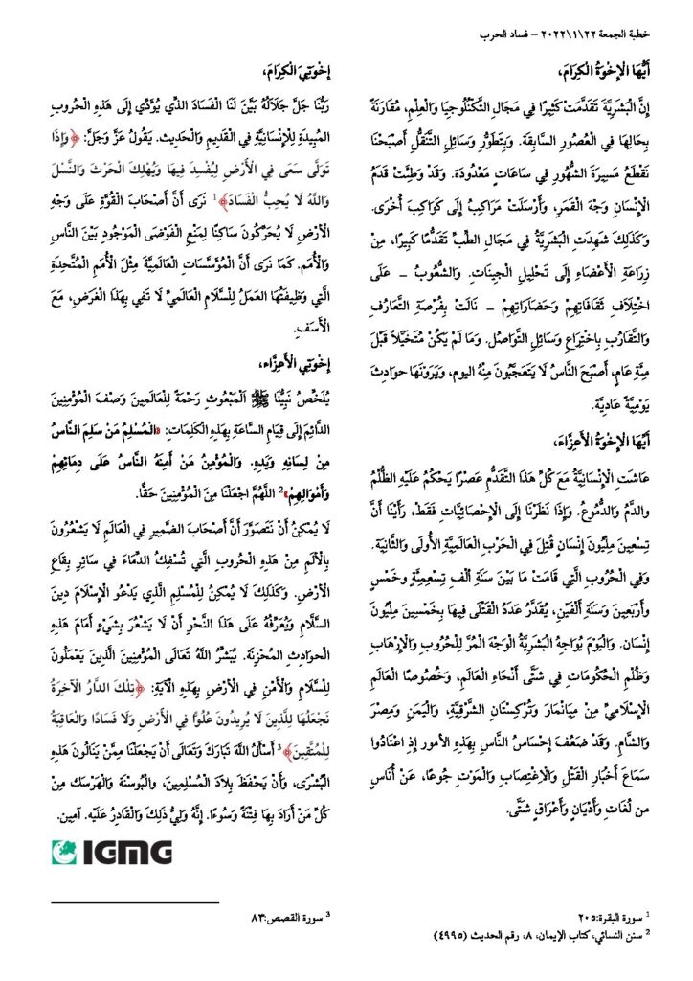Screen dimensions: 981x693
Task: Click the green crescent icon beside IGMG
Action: (63, 851)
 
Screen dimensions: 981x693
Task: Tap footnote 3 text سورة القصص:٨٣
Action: (291, 916)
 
